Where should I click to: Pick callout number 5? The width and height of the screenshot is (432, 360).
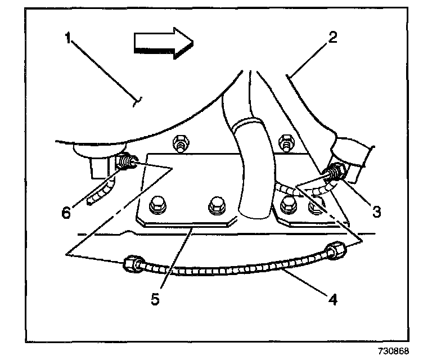[x=155, y=296]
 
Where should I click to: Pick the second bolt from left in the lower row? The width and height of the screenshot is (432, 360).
[x=215, y=206]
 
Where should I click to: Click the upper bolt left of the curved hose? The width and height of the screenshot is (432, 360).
[x=181, y=143]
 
